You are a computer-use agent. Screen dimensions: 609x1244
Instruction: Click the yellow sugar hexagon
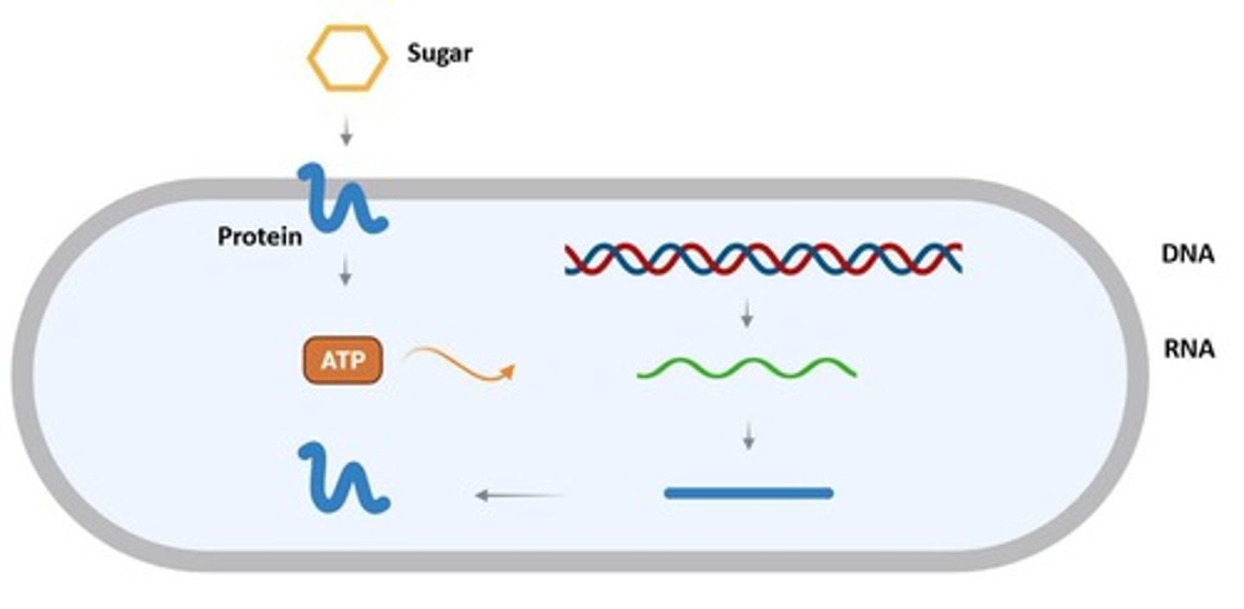346,58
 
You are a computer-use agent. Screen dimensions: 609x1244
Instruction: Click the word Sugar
439,54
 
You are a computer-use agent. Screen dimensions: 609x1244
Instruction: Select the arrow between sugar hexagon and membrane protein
346,132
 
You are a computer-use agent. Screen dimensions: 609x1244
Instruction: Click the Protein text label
259,236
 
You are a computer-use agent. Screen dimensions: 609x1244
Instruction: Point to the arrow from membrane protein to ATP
346,273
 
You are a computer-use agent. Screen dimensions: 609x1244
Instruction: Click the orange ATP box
342,360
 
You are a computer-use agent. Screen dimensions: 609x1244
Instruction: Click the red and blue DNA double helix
764,258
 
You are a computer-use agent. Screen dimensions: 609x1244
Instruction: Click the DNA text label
1188,254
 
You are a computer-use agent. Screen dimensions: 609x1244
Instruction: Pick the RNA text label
1189,349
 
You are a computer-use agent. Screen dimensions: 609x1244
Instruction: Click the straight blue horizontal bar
748,493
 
